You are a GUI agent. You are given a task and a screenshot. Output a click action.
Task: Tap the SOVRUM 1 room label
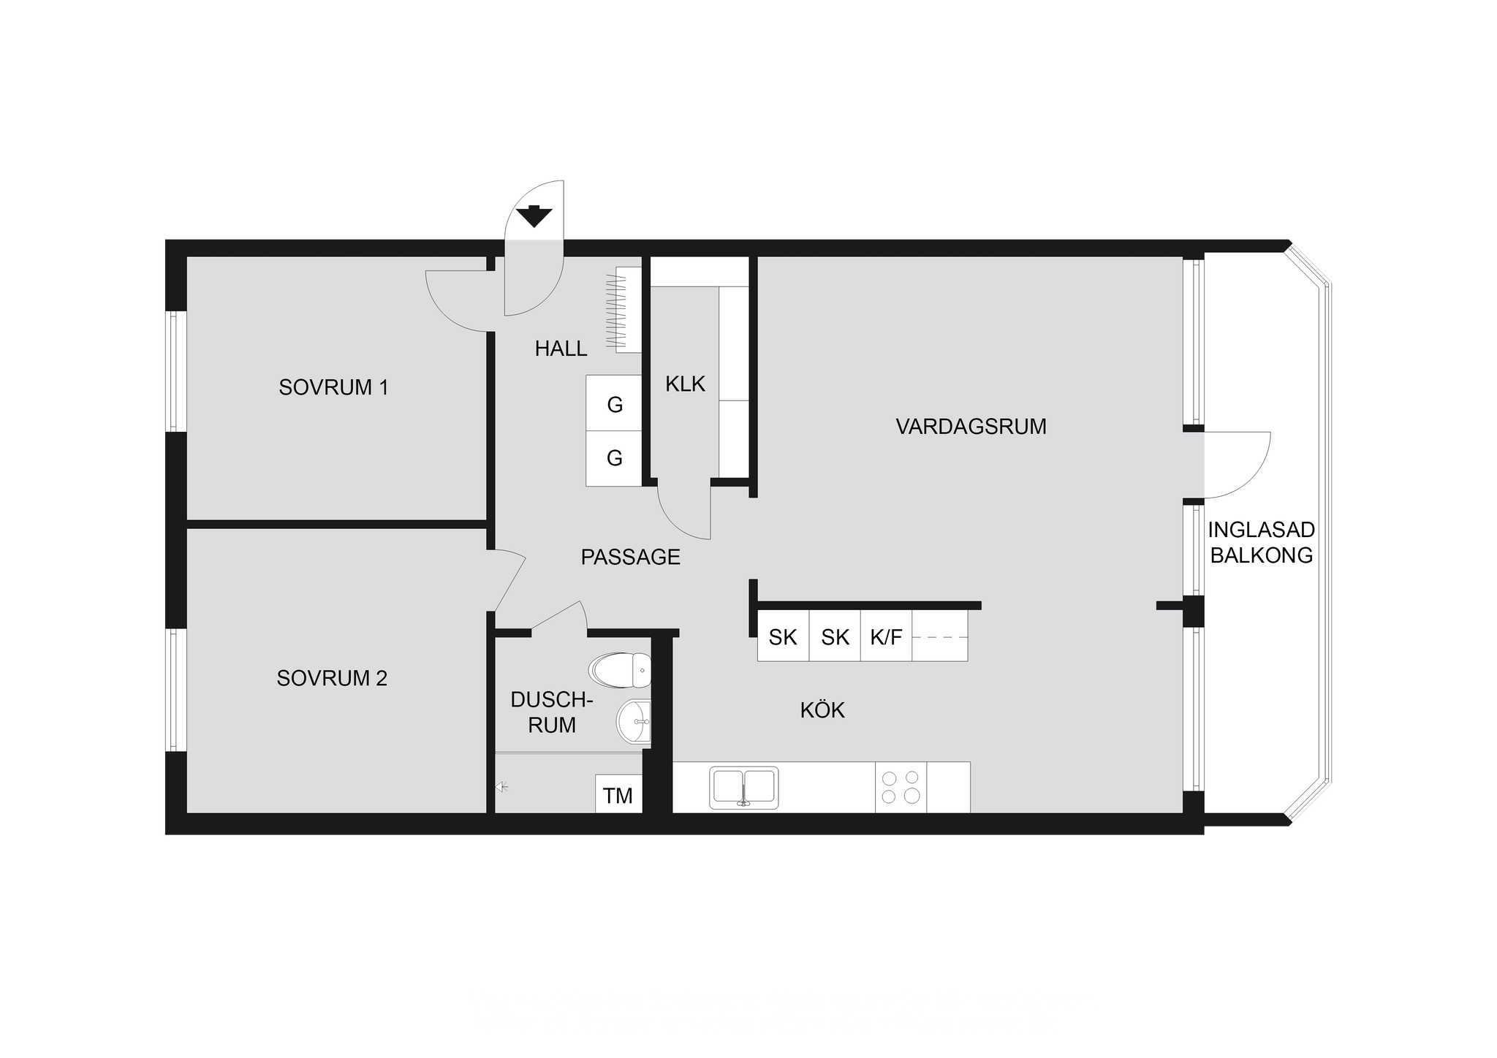coord(333,387)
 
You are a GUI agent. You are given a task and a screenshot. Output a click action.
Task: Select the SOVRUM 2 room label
coord(332,678)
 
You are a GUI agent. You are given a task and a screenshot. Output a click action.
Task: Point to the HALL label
coord(561,349)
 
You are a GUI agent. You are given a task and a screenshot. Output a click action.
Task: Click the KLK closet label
coord(685,384)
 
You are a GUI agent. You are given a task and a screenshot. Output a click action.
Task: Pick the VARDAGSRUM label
coord(971,426)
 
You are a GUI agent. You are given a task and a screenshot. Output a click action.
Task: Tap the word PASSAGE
coord(630,557)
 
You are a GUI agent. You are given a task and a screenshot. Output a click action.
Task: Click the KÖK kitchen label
coord(822,709)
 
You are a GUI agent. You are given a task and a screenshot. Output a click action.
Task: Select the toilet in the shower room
coord(620,670)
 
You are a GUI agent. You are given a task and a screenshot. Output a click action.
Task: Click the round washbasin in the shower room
coord(634,721)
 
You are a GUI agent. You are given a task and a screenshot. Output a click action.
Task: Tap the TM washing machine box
coord(618,794)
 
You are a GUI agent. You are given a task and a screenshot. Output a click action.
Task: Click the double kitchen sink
coord(743,788)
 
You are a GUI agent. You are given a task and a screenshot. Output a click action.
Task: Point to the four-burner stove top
coord(901,787)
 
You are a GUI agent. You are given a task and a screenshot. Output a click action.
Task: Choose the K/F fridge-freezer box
coord(886,637)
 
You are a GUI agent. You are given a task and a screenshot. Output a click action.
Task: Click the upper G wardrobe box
coord(614,403)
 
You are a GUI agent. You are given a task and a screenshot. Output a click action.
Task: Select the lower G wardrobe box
coord(614,459)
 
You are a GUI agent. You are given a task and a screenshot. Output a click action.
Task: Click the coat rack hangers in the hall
coord(618,310)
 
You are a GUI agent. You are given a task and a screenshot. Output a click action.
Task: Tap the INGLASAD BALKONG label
coord(1262,542)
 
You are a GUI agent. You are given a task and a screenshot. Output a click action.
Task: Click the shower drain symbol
coord(501,787)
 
